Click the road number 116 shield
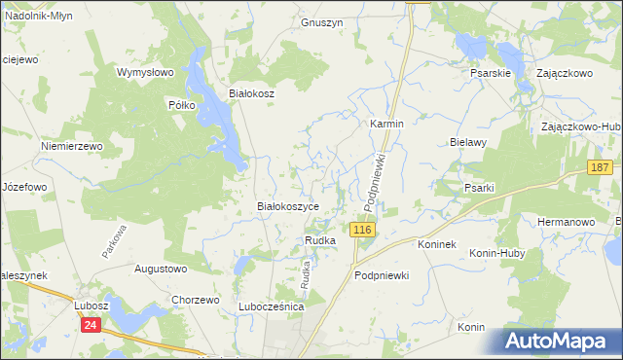coord(362,230)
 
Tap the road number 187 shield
coord(600,168)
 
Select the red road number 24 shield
coord(91,326)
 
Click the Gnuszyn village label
coord(322,22)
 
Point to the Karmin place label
coord(386,125)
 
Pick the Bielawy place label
coord(468,142)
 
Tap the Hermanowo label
coord(566,222)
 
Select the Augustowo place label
coord(160,268)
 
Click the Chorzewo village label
coord(195,300)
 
